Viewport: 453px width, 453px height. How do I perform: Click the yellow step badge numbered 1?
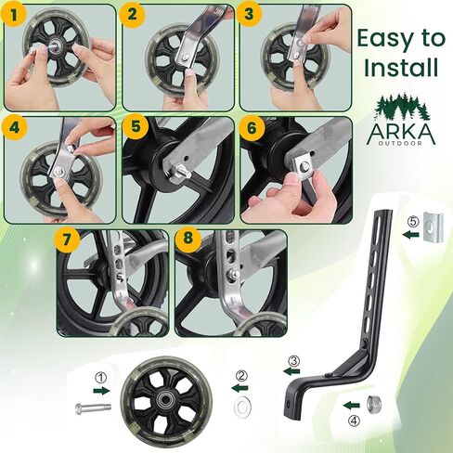pos(14,15)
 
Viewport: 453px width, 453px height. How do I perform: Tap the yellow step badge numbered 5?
pos(136,127)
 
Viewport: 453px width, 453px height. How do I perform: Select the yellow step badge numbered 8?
pos(188,239)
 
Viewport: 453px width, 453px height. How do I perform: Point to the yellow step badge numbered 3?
pos(250,15)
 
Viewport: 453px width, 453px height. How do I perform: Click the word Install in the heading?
pos(401,67)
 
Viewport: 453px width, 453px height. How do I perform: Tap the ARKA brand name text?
pos(401,134)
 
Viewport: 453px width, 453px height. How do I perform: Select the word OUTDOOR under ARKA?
pos(401,143)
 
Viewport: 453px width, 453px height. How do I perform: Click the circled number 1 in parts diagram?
pos(100,378)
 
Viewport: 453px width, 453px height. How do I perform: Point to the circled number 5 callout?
pos(413,222)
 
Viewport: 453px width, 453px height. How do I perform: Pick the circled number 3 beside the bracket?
pos(293,361)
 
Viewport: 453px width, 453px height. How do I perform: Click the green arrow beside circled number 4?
pos(352,405)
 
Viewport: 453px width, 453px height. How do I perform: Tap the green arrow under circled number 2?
pos(239,388)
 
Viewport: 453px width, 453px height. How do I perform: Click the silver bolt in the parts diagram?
pos(93,408)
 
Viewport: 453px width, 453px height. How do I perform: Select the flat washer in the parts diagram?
pos(243,406)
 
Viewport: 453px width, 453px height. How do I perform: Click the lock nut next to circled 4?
pos(374,405)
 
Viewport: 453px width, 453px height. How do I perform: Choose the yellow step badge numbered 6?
pos(252,127)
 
